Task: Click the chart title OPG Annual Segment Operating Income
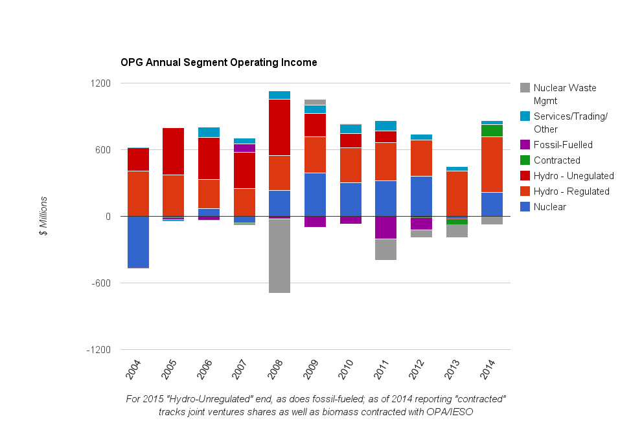click(x=218, y=63)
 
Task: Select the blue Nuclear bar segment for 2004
click(x=138, y=242)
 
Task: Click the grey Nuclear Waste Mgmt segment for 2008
click(x=279, y=256)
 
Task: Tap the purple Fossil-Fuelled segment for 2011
click(x=386, y=228)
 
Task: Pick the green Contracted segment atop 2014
click(x=492, y=131)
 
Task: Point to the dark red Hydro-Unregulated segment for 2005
click(x=173, y=151)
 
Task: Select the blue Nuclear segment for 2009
click(x=315, y=195)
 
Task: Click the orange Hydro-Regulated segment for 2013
click(x=457, y=193)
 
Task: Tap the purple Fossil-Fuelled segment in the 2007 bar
click(x=244, y=148)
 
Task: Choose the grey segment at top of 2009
click(x=315, y=102)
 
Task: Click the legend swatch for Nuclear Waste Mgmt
click(x=525, y=88)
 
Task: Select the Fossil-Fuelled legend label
click(x=562, y=145)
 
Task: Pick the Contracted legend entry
click(x=556, y=160)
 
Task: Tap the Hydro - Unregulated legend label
click(x=573, y=176)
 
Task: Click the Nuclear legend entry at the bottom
click(x=549, y=207)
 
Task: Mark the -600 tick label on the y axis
click(x=101, y=283)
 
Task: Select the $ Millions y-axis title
click(x=43, y=217)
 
